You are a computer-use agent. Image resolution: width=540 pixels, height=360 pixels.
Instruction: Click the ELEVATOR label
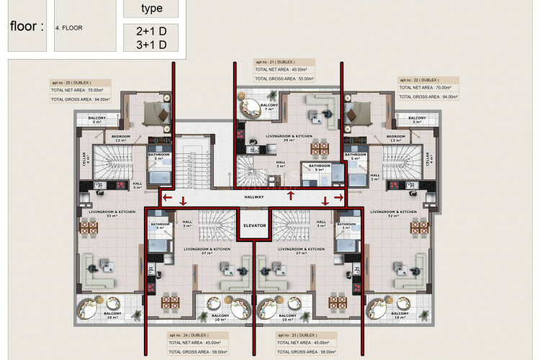pos(254,225)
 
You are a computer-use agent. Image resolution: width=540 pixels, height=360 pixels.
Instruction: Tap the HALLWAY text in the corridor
pos(254,197)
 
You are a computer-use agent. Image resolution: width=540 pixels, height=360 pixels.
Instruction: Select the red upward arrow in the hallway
pos(290,194)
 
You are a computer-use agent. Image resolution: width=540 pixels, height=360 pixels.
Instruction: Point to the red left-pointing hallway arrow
pos(167,197)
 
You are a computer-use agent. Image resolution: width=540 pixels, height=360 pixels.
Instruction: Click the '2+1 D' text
pos(151,31)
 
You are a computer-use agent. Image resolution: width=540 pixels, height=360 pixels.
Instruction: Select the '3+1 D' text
pos(151,45)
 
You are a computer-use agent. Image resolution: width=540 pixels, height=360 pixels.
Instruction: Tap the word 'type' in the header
pos(151,9)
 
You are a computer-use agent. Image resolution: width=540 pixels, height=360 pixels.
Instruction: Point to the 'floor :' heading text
pos(27,27)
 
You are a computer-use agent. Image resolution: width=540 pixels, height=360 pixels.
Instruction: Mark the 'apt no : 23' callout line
pos(297,336)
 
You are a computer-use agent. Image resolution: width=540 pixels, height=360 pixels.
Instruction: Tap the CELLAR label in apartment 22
pos(429,158)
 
